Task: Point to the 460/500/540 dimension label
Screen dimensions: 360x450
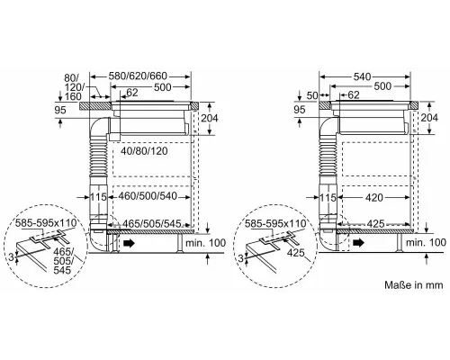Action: [x=148, y=194]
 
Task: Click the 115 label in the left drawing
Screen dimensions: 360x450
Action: [x=99, y=194]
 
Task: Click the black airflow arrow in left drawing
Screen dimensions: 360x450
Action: [x=130, y=242]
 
